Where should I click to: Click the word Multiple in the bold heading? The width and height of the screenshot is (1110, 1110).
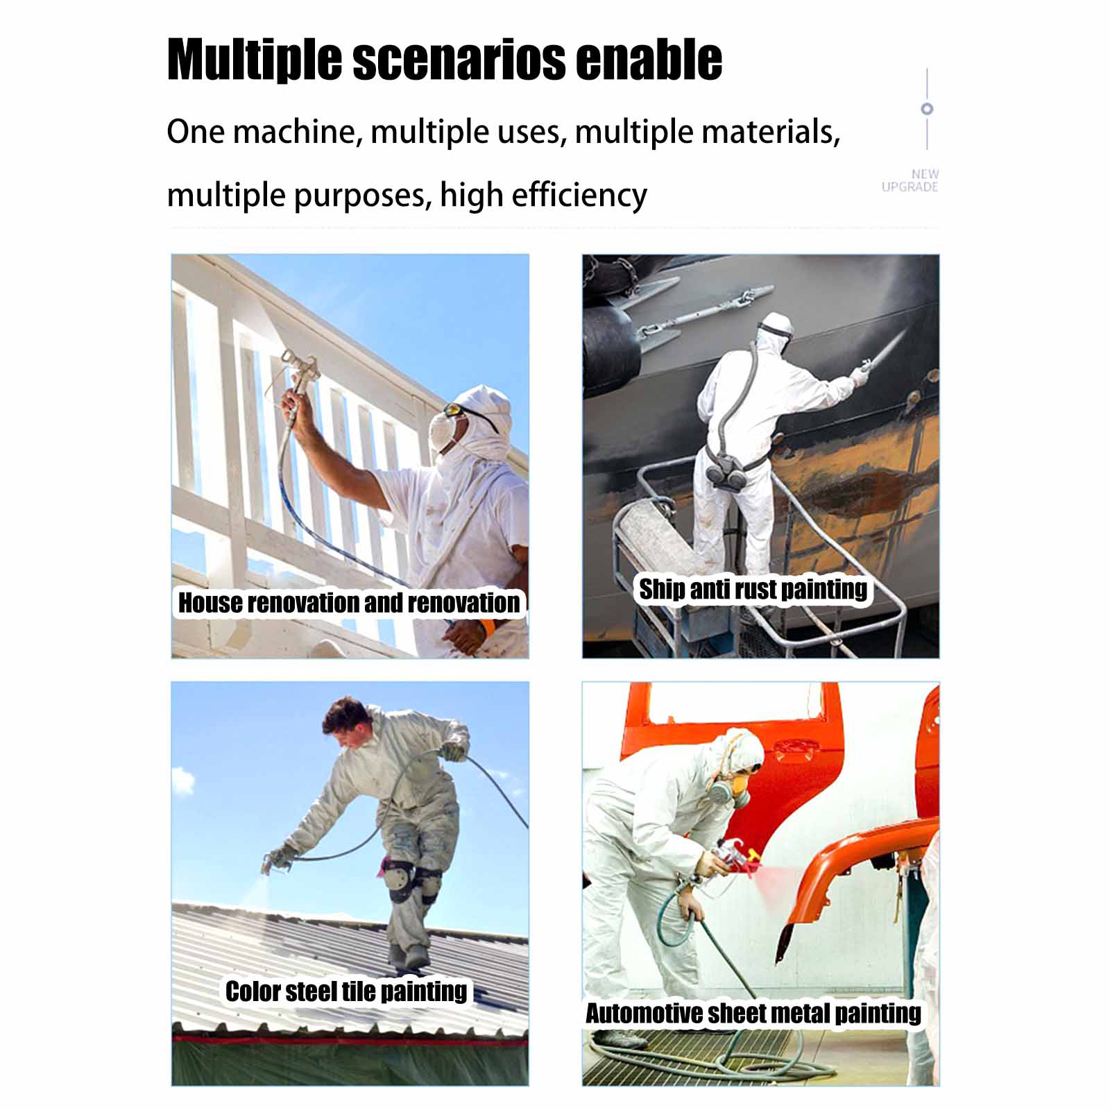tap(255, 60)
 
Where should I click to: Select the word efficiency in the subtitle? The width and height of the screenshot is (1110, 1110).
tap(579, 195)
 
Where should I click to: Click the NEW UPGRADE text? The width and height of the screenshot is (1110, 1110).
tap(910, 180)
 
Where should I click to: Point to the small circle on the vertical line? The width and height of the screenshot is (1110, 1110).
tap(927, 109)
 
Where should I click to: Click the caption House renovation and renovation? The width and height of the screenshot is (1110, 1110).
tap(349, 602)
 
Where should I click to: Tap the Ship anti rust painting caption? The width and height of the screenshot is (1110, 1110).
tap(753, 590)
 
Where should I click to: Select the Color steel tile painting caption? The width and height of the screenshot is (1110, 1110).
tap(346, 991)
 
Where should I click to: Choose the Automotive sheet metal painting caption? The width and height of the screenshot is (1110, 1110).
tap(753, 1014)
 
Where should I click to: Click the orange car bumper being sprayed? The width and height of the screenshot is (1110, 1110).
tap(860, 874)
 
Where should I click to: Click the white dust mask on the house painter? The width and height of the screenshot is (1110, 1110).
tap(444, 431)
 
